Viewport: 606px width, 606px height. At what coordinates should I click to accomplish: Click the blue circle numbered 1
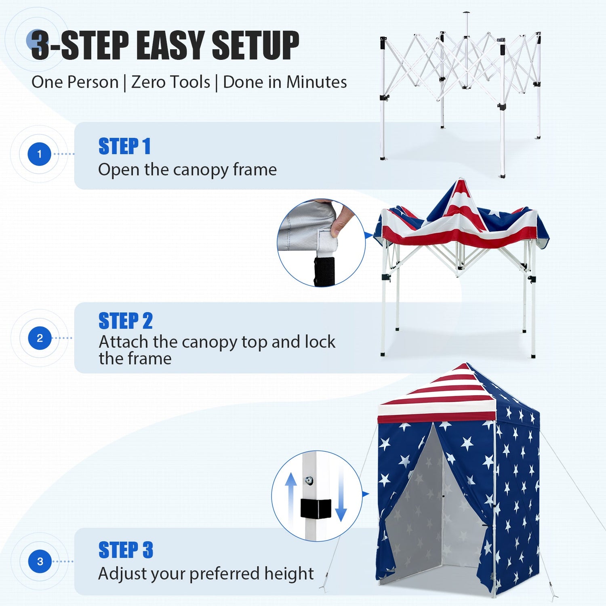[x=40, y=154]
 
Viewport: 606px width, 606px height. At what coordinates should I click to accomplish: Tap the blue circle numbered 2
[x=40, y=338]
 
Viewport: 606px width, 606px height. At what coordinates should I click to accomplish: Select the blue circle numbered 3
[x=40, y=561]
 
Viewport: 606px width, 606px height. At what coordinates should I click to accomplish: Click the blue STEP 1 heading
[x=124, y=146]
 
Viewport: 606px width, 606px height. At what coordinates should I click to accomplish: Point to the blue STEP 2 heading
[x=126, y=321]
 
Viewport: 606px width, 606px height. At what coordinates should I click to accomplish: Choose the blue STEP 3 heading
[x=126, y=550]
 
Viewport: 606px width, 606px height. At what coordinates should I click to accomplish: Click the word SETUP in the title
[x=255, y=45]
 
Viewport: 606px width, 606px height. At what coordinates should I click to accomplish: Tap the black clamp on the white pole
[x=316, y=509]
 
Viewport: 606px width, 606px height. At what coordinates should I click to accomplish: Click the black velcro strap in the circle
[x=324, y=271]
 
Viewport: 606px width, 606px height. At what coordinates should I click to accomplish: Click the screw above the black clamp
[x=309, y=480]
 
